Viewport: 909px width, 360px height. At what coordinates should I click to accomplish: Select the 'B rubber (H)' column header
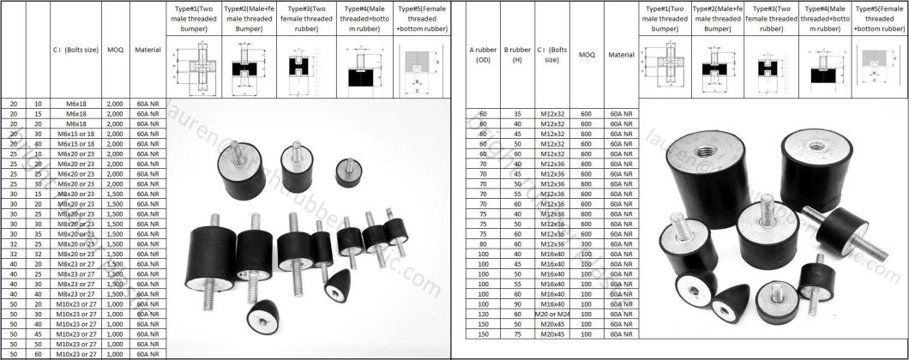[x=517, y=55]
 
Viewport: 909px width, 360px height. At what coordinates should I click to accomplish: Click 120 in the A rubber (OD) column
[x=482, y=337]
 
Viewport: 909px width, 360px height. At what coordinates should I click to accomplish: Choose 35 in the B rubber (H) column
[x=517, y=114]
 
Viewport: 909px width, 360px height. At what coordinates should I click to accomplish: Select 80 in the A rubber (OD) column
[x=482, y=243]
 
